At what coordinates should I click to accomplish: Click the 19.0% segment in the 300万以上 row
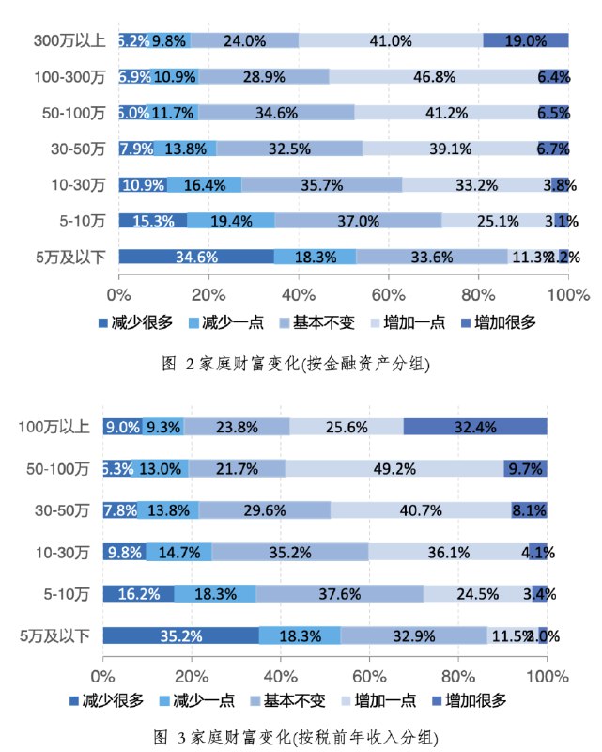point(525,40)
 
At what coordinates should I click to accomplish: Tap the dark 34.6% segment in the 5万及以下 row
point(196,257)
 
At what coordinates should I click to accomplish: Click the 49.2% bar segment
point(394,468)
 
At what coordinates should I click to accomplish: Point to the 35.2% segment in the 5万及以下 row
point(181,636)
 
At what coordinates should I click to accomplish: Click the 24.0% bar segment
point(244,40)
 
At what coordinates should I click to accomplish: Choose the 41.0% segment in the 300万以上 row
point(391,40)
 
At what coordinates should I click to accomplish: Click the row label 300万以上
point(69,40)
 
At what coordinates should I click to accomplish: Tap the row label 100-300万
point(69,76)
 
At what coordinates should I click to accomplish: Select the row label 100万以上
point(54,427)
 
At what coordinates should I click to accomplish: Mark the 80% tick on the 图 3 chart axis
point(458,675)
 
